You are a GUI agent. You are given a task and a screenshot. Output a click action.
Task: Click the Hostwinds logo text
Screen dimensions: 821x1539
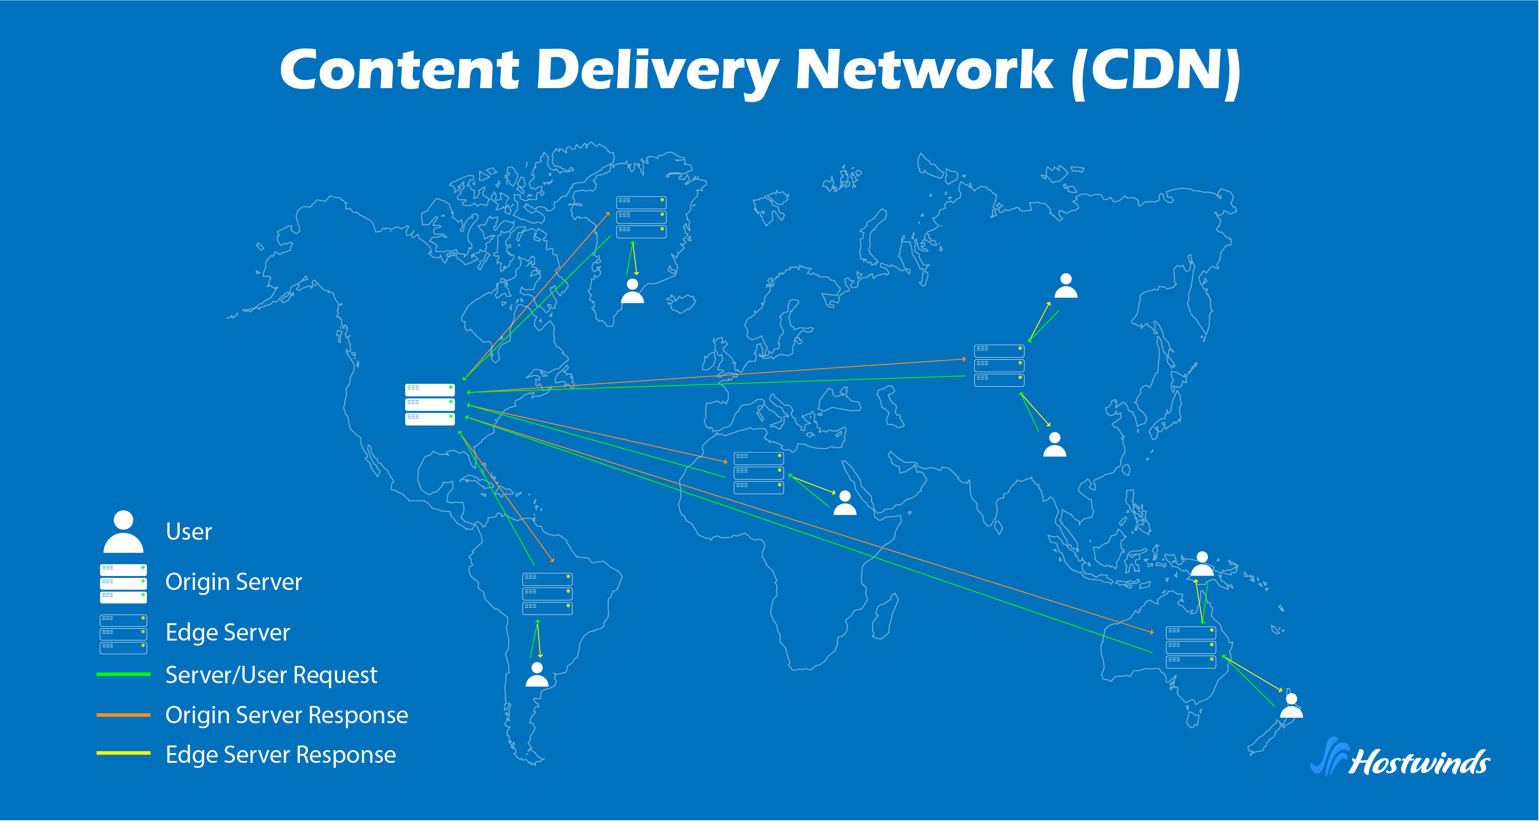(x=1419, y=762)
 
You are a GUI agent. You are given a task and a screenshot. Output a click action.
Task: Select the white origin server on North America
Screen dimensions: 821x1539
(x=429, y=404)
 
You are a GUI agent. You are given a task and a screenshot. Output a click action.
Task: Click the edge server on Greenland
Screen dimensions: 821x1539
(x=641, y=217)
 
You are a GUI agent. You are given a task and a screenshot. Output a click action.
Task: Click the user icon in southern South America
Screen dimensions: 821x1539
(x=536, y=675)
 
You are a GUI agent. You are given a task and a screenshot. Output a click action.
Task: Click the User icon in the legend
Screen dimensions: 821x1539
(x=123, y=531)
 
